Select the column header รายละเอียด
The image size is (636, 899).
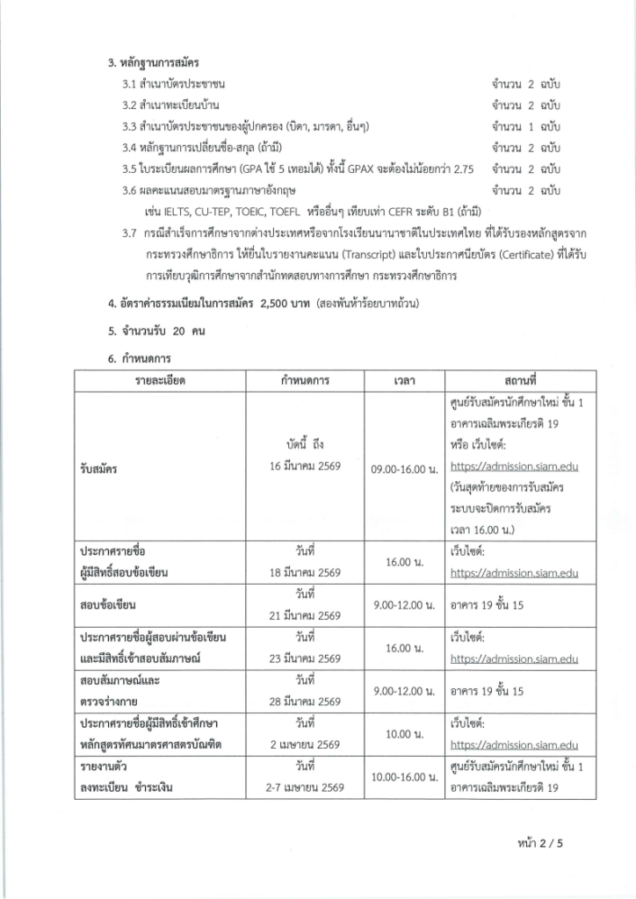(161, 381)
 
